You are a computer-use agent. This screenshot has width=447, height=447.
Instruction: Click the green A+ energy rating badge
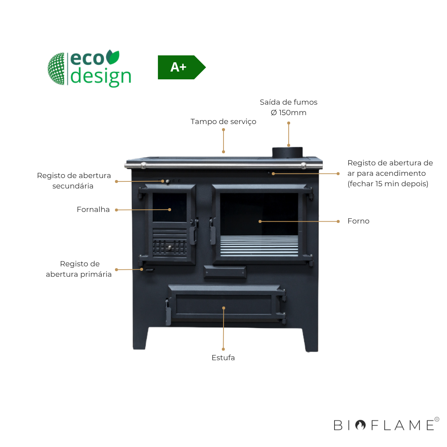coord(179,67)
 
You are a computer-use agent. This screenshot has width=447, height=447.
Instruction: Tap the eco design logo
coord(90,69)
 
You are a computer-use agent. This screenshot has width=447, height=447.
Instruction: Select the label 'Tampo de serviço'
coord(223,121)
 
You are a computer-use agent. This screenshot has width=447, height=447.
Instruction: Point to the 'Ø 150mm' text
coord(288,112)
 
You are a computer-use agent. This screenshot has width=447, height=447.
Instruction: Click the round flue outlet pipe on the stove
coord(287,152)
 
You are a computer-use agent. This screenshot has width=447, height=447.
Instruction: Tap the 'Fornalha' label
coord(93,209)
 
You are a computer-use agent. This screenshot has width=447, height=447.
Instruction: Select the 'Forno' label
coord(358,221)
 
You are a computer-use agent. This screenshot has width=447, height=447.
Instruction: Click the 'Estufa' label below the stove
coord(223,358)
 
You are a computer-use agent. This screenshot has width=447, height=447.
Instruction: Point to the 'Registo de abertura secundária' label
coord(74,181)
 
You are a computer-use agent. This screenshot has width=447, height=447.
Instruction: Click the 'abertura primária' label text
coord(79,274)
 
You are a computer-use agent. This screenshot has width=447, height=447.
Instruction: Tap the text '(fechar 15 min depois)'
coord(388,184)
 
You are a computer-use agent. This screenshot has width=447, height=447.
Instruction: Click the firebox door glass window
coord(169,207)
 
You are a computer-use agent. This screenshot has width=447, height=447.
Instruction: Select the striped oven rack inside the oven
coord(259,246)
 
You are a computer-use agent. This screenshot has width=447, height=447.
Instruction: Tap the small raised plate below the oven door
coord(225,272)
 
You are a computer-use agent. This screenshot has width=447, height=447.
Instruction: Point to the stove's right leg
coord(310,339)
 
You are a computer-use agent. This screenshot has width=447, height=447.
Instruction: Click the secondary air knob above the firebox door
coord(168,181)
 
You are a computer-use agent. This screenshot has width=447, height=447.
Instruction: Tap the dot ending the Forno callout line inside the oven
coord(260,221)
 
